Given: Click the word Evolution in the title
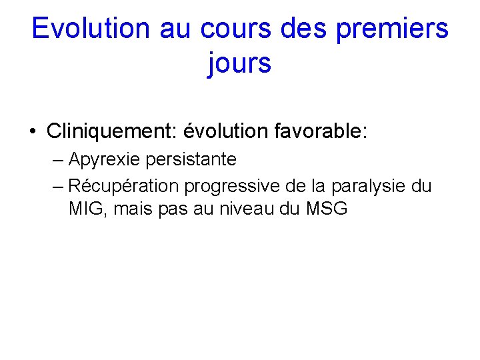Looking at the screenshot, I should click(x=91, y=29).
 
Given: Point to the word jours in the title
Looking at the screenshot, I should click(x=239, y=63).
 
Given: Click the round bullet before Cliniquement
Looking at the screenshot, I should click(x=33, y=132).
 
